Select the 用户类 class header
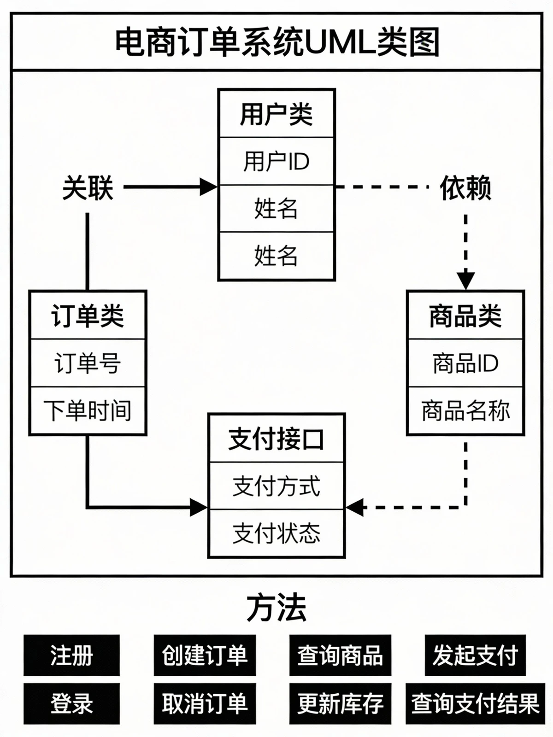(x=276, y=114)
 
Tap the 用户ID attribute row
(x=276, y=161)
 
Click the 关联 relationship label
(x=88, y=187)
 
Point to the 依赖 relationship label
(x=465, y=187)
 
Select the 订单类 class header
(x=88, y=316)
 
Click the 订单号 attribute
(x=88, y=363)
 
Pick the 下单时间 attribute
(x=88, y=411)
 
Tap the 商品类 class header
(x=465, y=316)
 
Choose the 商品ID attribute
(x=465, y=363)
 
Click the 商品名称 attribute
(x=465, y=411)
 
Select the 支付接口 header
(x=276, y=439)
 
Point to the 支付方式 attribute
(x=276, y=486)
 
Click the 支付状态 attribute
(x=276, y=533)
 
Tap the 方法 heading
(x=276, y=608)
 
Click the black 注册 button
(x=71, y=655)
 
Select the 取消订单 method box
(x=205, y=703)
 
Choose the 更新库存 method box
(x=340, y=703)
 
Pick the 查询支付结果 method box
(x=475, y=703)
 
